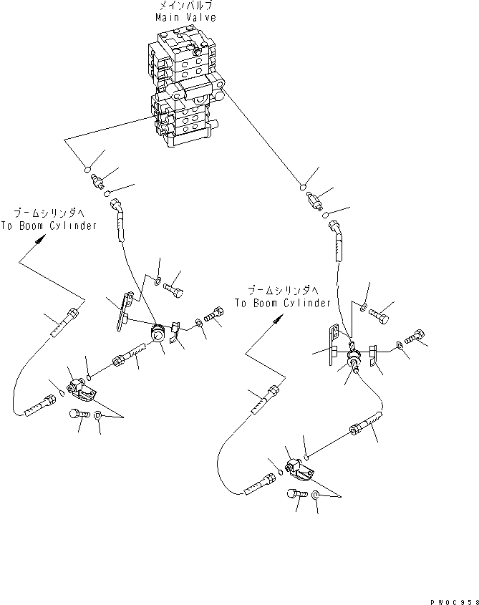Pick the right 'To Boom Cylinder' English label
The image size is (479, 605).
(x=282, y=303)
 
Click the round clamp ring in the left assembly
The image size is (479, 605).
(x=157, y=335)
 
